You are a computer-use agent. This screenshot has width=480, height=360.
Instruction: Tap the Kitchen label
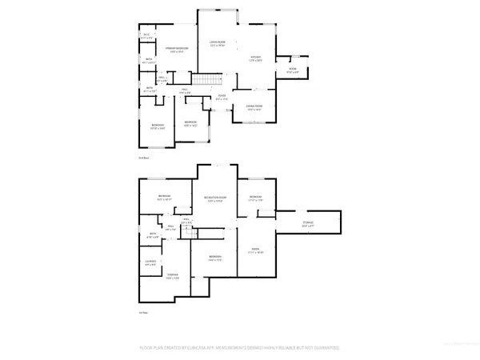coord(256,58)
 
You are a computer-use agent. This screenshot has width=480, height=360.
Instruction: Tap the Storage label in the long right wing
coord(308,223)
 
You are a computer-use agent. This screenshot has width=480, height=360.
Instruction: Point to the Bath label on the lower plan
coord(152,235)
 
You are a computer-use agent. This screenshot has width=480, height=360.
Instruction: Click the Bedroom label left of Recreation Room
coord(165,198)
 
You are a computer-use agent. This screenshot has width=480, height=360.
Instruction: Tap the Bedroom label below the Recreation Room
coord(214,258)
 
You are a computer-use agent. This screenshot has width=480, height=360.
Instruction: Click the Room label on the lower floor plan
coord(256,250)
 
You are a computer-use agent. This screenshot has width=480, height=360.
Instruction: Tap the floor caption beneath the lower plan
coord(144,312)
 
